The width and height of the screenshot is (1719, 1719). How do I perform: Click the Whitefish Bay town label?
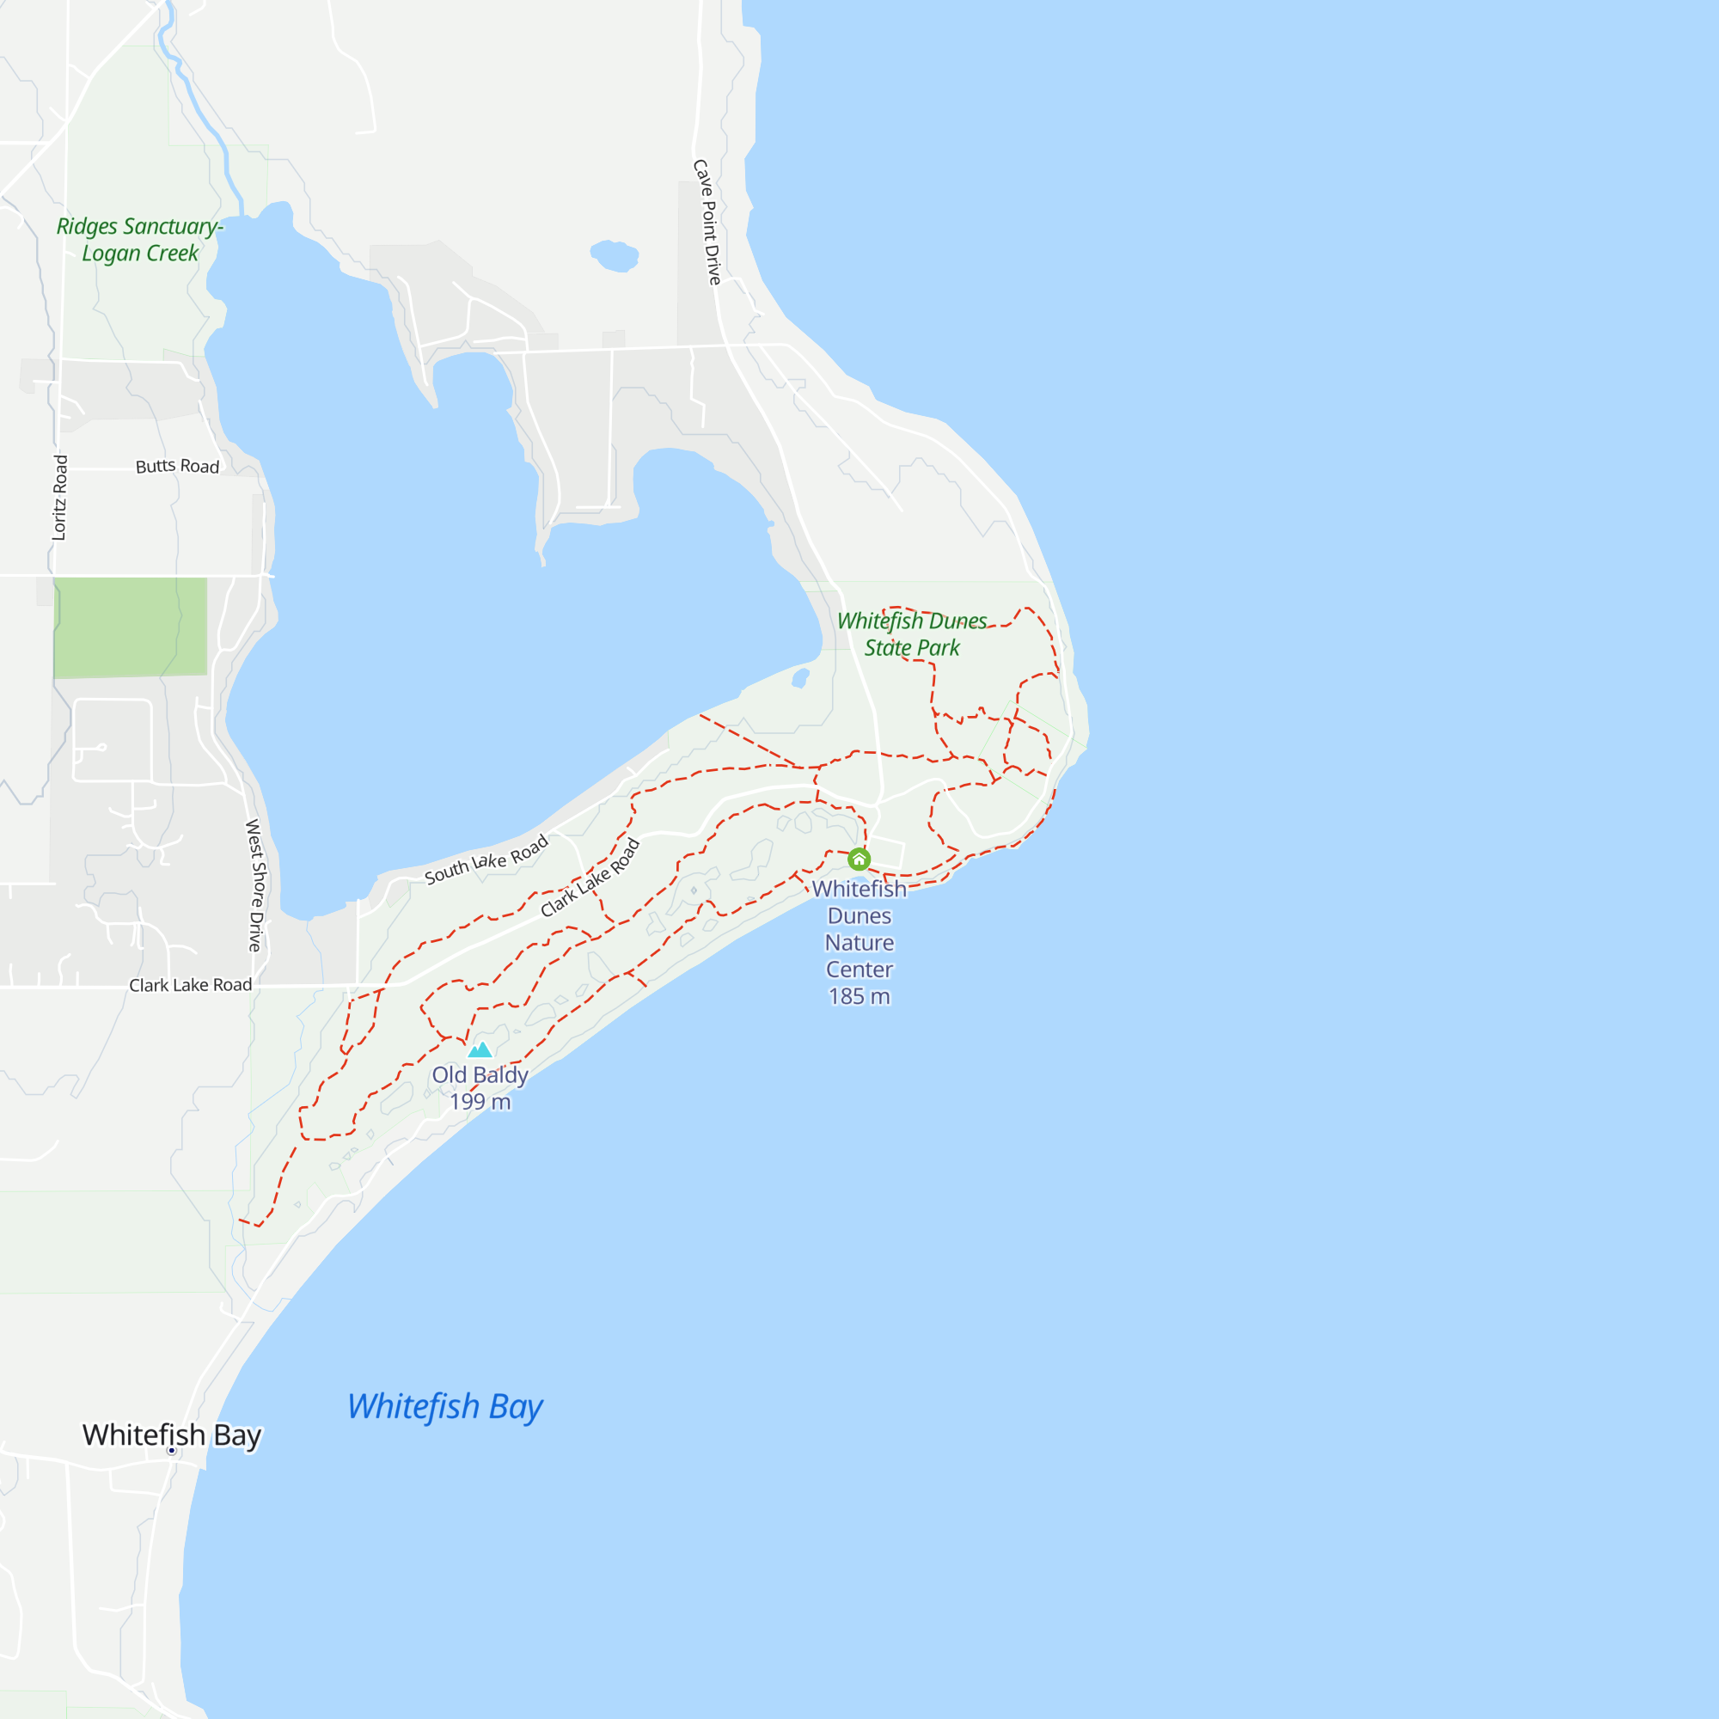point(172,1435)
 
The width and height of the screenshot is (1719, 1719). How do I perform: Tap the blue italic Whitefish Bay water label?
point(444,1407)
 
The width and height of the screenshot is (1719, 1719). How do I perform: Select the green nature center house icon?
point(859,859)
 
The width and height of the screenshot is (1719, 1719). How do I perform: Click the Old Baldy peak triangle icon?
point(480,1050)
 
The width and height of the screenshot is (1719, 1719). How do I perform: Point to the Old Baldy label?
point(480,1075)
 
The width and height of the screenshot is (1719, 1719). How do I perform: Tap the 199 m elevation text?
point(480,1102)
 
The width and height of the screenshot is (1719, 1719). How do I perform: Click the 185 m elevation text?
point(859,996)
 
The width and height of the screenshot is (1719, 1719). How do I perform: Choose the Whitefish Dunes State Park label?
point(912,633)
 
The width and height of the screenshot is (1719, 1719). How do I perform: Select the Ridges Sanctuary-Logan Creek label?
point(140,239)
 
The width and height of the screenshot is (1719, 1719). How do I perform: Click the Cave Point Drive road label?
point(707,223)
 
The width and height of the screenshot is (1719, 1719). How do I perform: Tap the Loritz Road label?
point(59,498)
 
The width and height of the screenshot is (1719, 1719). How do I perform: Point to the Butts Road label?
point(177,466)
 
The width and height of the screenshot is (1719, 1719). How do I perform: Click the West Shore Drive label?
point(255,885)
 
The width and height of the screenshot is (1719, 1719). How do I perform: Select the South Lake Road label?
point(486,860)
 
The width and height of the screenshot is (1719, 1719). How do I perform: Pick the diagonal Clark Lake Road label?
point(590,878)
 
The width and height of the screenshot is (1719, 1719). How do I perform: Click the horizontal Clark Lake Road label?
point(191,985)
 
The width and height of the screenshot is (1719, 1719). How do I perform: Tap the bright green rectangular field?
point(130,627)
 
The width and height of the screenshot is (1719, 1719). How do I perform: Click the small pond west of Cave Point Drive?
point(614,255)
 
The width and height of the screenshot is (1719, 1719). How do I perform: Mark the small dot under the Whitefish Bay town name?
point(172,1450)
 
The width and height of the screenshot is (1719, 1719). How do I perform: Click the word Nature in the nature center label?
point(859,942)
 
